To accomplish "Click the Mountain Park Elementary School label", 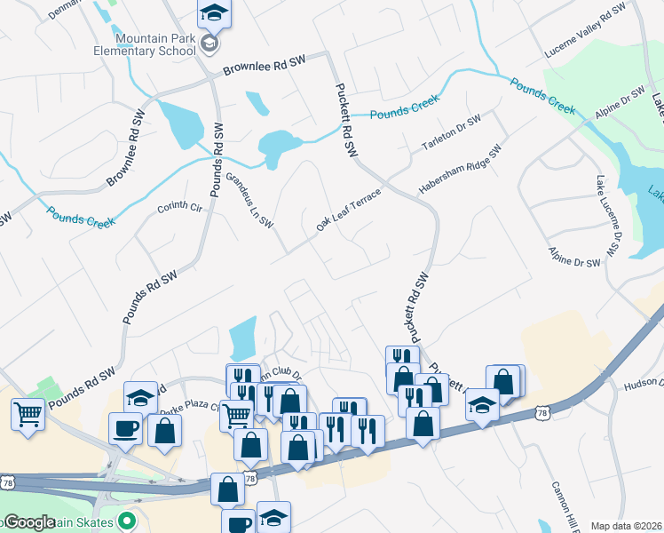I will [154, 44].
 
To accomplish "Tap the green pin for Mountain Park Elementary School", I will [209, 44].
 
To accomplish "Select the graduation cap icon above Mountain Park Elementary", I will [213, 12].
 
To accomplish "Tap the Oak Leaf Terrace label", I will [348, 211].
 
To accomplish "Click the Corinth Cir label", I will [180, 206].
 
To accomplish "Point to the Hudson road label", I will [644, 383].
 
